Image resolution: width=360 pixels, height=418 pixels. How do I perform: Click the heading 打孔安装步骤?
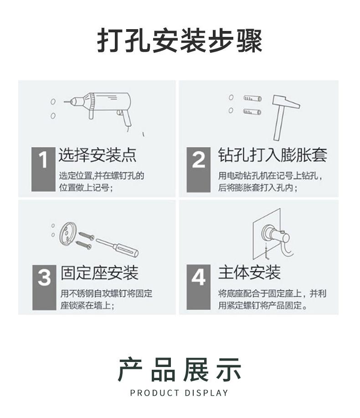[180, 41]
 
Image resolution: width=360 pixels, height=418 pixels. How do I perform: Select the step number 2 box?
[198, 169]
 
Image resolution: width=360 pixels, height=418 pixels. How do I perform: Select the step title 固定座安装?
[99, 273]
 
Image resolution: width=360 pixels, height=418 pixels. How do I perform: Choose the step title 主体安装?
[249, 273]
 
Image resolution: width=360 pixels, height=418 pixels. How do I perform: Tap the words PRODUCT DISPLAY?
[179, 393]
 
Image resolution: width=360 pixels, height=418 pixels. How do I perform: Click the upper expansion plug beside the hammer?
[252, 98]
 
